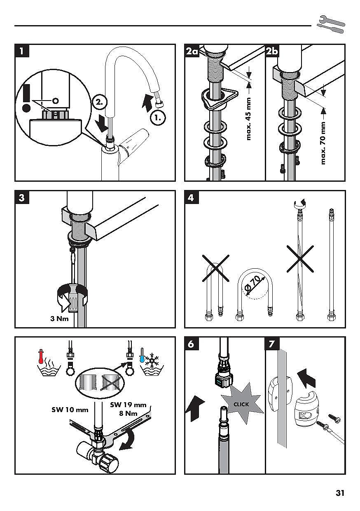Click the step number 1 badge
coord(21,52)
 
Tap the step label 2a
coord(192,52)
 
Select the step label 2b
coord(272,52)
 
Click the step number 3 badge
coord(21,198)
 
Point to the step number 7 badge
coord(272,344)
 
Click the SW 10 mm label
coord(70,410)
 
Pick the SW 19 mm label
coord(128,405)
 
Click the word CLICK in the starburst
coord(241,404)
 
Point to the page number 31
coord(340,493)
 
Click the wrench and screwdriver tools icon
coord(331,24)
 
